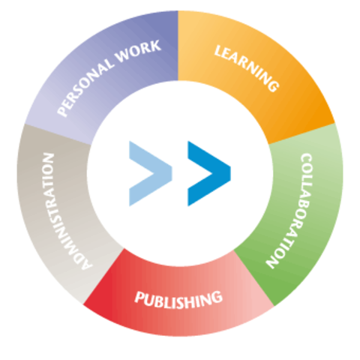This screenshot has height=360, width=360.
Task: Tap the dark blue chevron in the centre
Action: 208,172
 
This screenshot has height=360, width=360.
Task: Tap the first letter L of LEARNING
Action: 219,52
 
